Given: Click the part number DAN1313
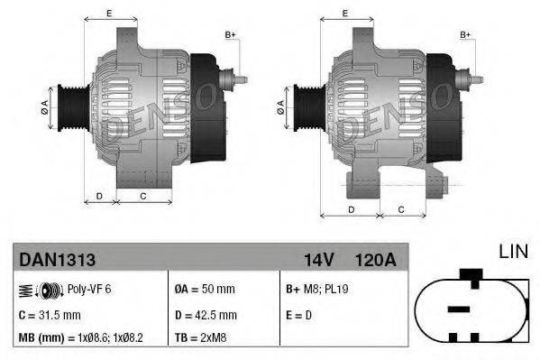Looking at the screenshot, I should tap(58, 259).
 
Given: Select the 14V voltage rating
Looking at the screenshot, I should tap(319, 259).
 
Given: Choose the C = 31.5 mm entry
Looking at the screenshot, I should tap(50, 315).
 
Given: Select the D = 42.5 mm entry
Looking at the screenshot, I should tap(206, 315).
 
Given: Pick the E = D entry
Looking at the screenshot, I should tap(298, 315).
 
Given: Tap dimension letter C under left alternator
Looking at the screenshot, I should tap(142, 195).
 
